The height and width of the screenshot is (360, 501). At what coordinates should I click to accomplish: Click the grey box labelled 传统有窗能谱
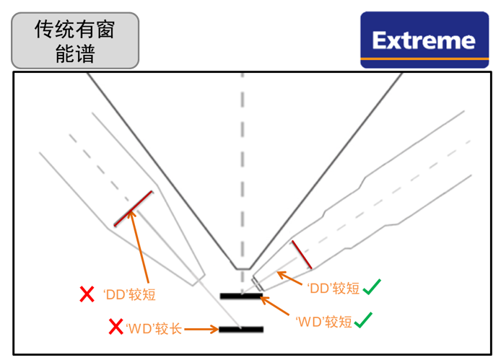tap(75, 40)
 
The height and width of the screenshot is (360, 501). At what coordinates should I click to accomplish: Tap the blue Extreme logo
tap(424, 40)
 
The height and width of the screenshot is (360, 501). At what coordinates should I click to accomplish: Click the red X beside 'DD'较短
tap(87, 294)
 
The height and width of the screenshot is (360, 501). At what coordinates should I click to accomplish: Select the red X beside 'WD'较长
tap(116, 327)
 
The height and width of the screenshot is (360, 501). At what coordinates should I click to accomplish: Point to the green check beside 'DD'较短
tap(372, 287)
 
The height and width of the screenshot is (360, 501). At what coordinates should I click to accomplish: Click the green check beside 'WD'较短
tap(363, 320)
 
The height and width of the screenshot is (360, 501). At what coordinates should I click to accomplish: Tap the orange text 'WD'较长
tap(154, 329)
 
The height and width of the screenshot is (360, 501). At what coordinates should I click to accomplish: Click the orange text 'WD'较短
tap(323, 322)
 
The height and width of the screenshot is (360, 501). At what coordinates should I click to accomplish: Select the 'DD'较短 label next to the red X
tap(129, 294)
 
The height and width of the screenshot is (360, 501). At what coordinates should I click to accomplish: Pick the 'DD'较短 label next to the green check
tap(334, 288)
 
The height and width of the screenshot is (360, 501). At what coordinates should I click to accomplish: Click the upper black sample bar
tap(242, 296)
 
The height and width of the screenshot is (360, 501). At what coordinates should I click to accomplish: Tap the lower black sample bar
tap(241, 329)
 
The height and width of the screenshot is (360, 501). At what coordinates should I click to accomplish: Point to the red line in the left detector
tap(134, 208)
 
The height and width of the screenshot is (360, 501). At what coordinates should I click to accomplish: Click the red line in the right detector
tap(302, 255)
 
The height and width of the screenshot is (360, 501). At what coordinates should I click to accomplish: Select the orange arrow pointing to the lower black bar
tap(201, 329)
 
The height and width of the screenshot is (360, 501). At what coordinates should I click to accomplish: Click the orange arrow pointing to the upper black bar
tap(275, 306)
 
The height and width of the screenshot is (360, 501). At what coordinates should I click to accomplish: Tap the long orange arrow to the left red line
tap(139, 247)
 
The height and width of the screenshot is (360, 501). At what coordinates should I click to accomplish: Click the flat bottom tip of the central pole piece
tap(243, 269)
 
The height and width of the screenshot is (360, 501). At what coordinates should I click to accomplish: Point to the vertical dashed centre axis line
tap(243, 182)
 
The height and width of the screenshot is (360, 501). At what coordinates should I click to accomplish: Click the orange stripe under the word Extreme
tap(424, 59)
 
